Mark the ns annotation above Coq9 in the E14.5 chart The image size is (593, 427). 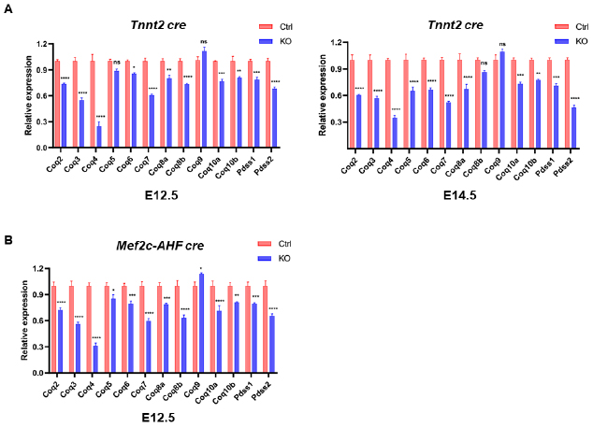[x=502, y=44]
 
